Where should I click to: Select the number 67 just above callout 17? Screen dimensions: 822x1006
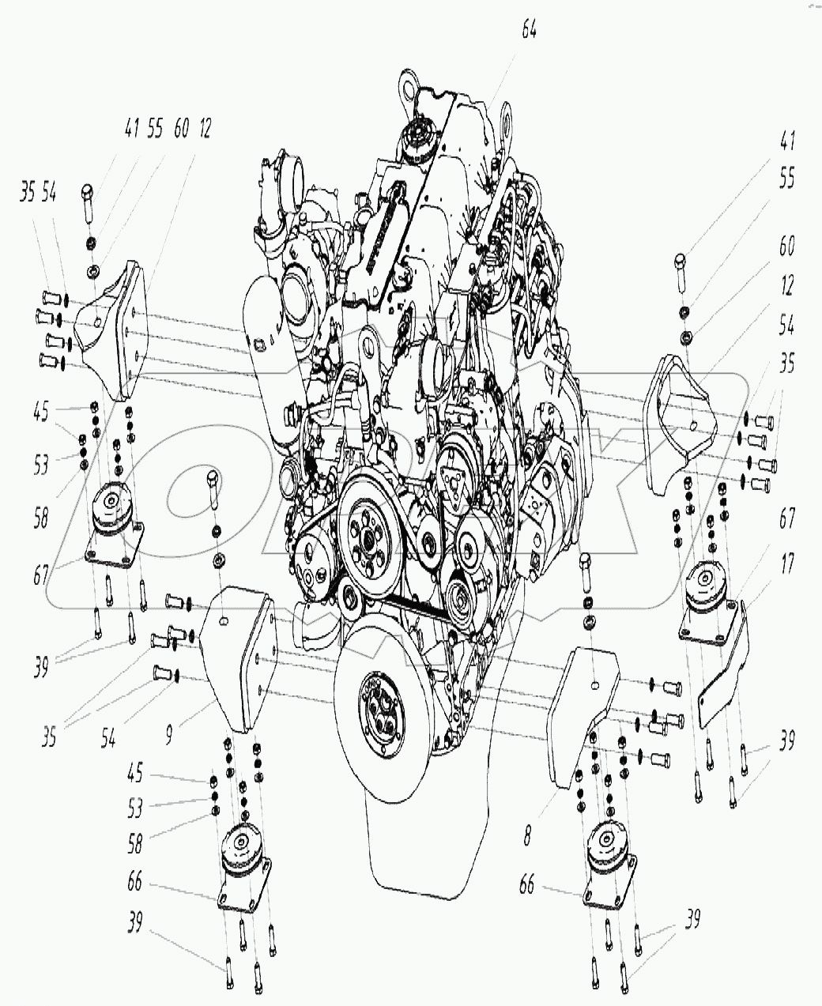coord(786,519)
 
